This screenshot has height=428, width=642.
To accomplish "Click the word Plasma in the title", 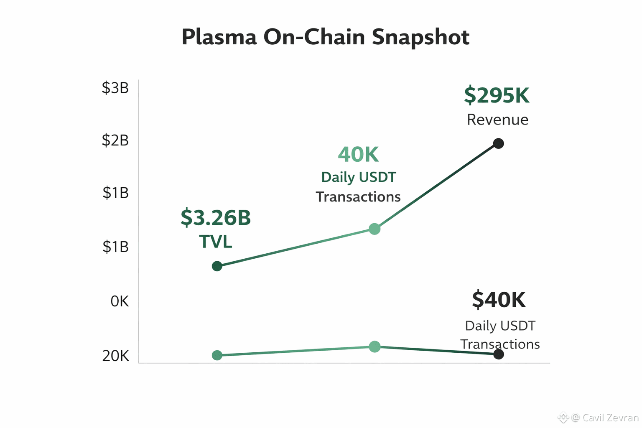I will tap(219, 37).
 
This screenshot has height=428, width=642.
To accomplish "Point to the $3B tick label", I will tap(115, 88).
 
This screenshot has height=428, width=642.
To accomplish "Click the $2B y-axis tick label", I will tap(115, 140).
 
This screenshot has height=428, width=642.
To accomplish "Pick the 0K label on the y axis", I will tap(120, 301).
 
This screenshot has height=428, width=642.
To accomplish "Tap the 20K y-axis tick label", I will tap(116, 356).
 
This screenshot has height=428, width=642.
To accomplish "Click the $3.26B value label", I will tap(216, 217).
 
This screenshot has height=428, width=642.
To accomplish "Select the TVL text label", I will tap(216, 242).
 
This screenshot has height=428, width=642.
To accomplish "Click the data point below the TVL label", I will tap(217, 266).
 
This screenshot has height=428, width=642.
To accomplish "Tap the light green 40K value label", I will tap(358, 155).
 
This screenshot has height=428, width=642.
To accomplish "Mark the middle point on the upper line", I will tap(374, 229).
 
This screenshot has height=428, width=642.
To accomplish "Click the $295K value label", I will tap(497, 95).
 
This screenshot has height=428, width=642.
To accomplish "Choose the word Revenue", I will tap(497, 120).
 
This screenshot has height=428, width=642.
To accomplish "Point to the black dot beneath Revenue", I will tap(498, 143).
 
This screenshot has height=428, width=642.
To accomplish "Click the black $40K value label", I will tap(499, 300).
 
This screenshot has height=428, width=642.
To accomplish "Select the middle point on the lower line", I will tap(374, 346).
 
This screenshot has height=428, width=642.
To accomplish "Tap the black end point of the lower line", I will tap(498, 354).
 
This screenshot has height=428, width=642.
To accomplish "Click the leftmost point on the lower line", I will tap(217, 355).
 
